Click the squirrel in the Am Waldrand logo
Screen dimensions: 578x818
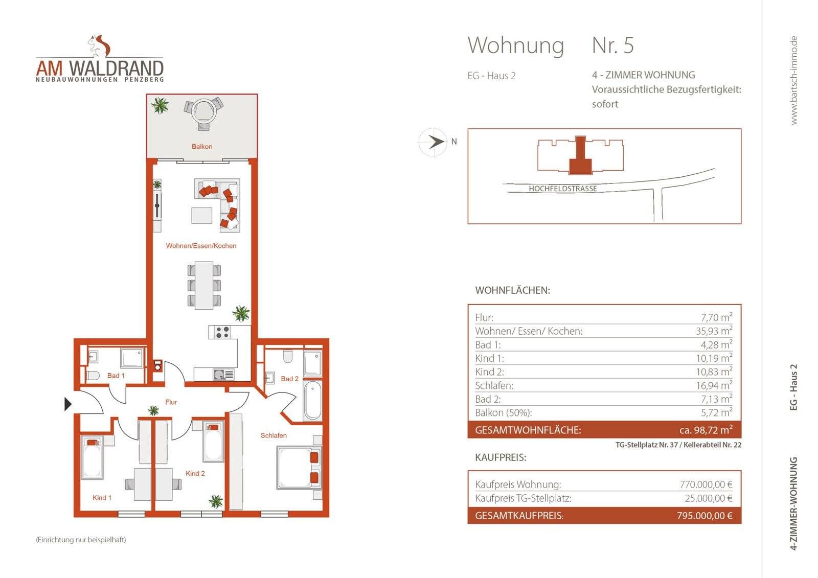tap(100, 45)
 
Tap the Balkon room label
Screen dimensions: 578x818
tap(202, 147)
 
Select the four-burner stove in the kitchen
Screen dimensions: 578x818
tap(222, 332)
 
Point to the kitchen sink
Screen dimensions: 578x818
tap(220, 375)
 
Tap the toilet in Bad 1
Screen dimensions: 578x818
tap(93, 376)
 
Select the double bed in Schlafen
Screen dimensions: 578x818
tap(298, 467)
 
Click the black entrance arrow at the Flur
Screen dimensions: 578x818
tap(68, 404)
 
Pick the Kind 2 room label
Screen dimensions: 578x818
tap(195, 474)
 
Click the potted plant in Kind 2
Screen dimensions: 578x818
tap(216, 501)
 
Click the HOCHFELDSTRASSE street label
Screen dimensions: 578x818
tap(562, 189)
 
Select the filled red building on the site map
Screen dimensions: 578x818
tap(580, 157)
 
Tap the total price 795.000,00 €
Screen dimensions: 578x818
tap(704, 516)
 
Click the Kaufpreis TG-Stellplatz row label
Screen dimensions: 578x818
tap(523, 498)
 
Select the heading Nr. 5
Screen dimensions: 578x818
tap(612, 45)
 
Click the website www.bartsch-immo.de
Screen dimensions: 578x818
tap(793, 80)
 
